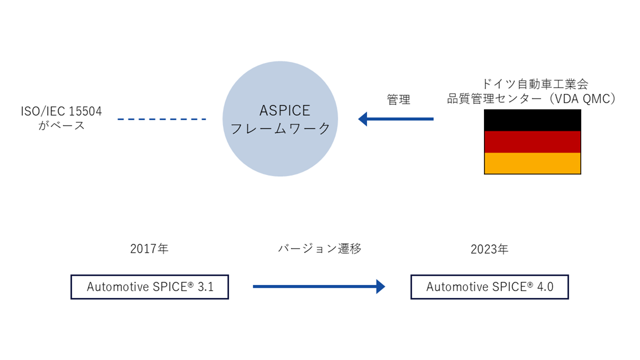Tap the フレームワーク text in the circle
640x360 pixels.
click(x=281, y=129)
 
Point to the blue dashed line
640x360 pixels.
click(x=161, y=119)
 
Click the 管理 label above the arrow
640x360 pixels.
click(x=399, y=100)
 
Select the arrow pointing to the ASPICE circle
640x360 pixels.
click(x=395, y=119)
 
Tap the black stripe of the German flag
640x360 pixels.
click(x=532, y=120)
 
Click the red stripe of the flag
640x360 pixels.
click(x=532, y=141)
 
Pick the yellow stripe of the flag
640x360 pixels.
click(x=532, y=163)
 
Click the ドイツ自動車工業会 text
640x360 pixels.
click(x=532, y=84)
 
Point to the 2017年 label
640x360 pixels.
click(x=150, y=249)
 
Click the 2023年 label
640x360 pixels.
click(x=489, y=250)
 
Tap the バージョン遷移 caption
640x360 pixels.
click(x=320, y=249)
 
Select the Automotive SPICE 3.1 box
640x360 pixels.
click(x=150, y=287)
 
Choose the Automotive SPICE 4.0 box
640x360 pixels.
click(x=489, y=287)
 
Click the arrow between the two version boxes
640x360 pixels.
click(x=319, y=287)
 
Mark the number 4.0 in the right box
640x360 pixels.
click(x=544, y=287)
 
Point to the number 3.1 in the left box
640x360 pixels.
click(x=204, y=287)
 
